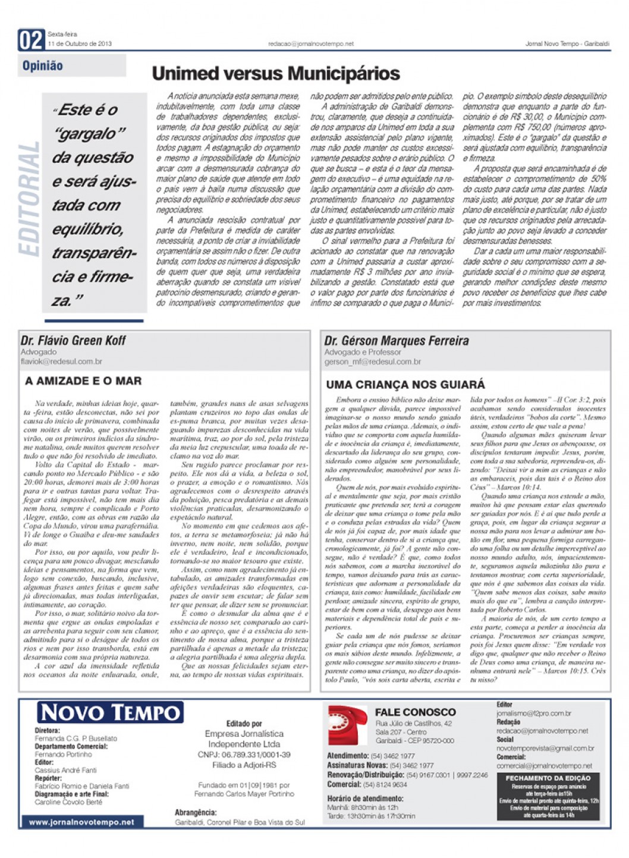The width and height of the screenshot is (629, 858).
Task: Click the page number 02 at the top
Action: (31, 40)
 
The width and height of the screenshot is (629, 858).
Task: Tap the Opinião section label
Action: (43, 65)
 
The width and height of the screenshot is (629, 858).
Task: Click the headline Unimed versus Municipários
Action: (275, 73)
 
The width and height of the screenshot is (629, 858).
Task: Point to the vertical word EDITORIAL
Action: (29, 199)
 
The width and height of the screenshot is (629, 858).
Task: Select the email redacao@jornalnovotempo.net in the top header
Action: (310, 44)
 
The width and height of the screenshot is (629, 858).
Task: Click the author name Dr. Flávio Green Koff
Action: (73, 341)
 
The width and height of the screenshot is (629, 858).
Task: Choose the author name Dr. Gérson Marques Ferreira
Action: (396, 341)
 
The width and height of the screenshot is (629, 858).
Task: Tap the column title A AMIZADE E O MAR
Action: (83, 381)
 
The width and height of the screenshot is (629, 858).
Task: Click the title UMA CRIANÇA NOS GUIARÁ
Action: (405, 385)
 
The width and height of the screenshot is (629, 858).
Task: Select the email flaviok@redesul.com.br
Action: (61, 361)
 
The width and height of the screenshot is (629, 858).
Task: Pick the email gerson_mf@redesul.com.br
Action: (372, 362)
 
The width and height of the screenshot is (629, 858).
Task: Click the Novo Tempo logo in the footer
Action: (110, 712)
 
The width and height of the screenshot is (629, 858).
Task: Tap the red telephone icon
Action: (347, 725)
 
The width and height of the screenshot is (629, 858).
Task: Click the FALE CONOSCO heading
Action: (415, 712)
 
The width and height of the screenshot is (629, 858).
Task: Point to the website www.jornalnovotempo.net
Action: (81, 822)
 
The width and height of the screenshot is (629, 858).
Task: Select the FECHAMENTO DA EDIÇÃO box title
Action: (548, 778)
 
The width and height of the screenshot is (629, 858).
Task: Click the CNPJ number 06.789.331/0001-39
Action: (244, 755)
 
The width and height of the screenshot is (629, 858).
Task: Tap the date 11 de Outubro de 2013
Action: (80, 44)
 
